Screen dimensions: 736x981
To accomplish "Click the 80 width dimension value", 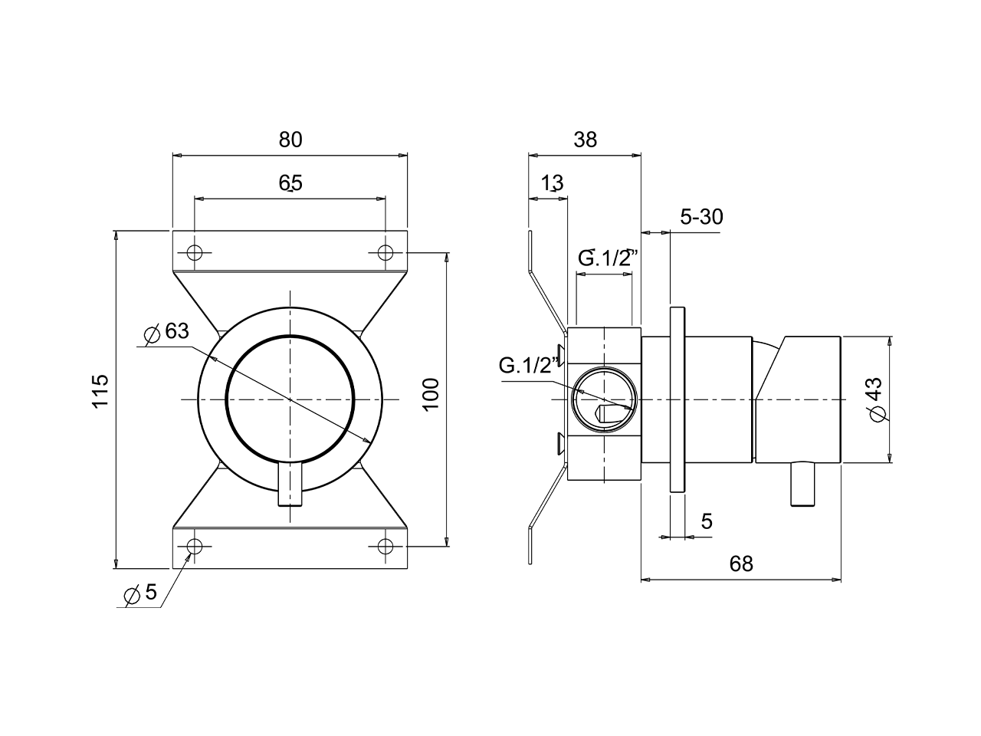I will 290,140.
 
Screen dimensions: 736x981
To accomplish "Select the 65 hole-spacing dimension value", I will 290,182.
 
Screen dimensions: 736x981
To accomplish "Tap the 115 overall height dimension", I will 100,391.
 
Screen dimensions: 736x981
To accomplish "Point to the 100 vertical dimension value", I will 431,394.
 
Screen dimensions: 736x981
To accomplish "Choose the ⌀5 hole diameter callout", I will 140,593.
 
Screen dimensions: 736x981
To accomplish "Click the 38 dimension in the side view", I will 585,140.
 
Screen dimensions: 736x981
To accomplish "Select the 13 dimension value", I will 552,183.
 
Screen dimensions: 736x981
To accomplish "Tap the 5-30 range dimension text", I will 701,217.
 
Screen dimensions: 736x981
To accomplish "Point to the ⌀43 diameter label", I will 876,399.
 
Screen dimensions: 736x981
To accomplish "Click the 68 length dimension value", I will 741,564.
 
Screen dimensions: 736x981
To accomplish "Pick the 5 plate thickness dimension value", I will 707,522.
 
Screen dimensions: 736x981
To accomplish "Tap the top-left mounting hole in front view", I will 195,252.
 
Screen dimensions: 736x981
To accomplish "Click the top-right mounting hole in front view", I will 386,252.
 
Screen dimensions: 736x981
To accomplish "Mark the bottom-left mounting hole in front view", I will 195,547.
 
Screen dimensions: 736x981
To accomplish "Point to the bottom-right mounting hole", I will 386,547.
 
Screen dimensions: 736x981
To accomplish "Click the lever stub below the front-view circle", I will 290,486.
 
